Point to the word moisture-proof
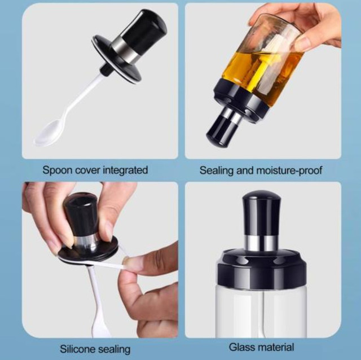click(x=289, y=171)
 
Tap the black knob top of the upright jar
click(x=261, y=214)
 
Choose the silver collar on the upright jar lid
click(x=262, y=244)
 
